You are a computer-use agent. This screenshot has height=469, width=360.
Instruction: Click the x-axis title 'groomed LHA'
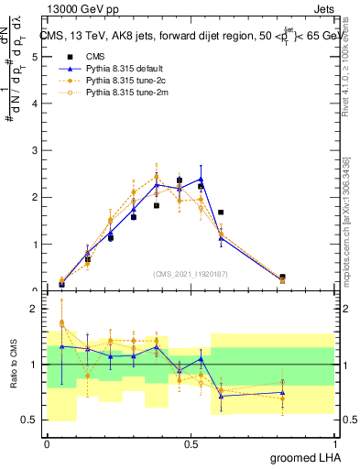pyautogui.click(x=296, y=458)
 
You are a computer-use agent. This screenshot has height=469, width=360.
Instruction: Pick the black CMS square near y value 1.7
pyautogui.click(x=221, y=213)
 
